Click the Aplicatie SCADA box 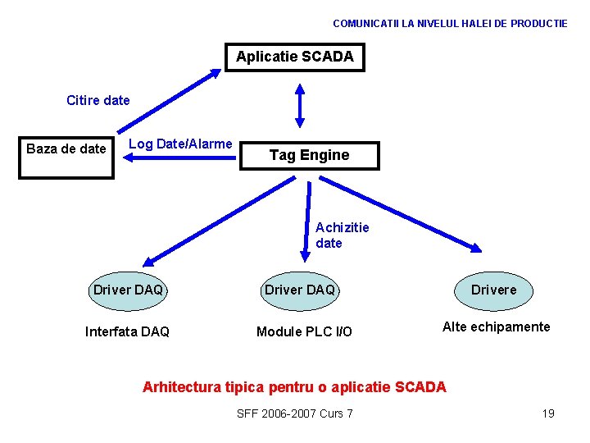(x=295, y=57)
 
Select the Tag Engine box (x=309, y=155)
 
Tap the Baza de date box (x=66, y=148)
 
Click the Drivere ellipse (x=493, y=290)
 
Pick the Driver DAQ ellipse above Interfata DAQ (x=128, y=290)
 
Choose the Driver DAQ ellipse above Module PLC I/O (x=299, y=290)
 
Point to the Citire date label (x=98, y=101)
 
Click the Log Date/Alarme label (x=181, y=144)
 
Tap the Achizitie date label (x=342, y=235)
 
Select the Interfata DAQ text (x=127, y=332)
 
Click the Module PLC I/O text (x=304, y=332)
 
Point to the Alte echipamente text (x=496, y=327)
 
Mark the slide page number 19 (x=548, y=413)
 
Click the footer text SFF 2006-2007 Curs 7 (x=294, y=413)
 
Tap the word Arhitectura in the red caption (x=180, y=387)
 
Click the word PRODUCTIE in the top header (x=538, y=24)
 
